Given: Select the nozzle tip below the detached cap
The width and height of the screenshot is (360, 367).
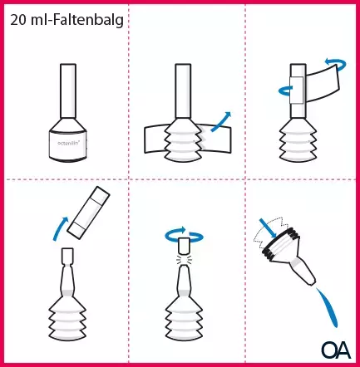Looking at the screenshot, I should click(66, 258).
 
